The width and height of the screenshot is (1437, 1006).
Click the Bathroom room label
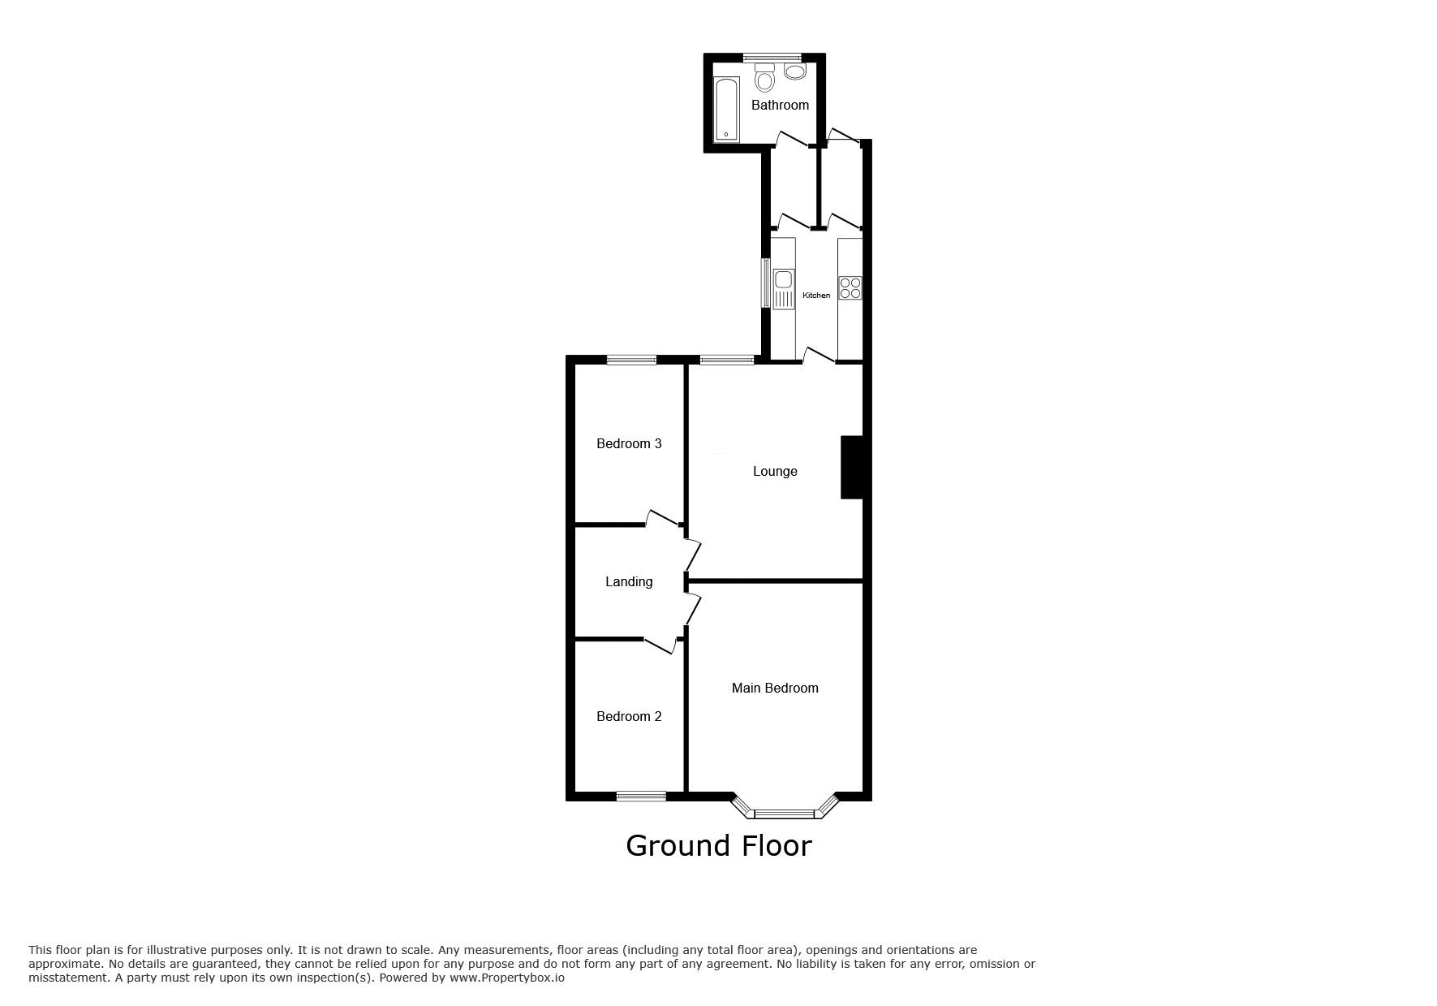[780, 105]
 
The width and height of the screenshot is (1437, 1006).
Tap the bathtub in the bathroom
[726, 110]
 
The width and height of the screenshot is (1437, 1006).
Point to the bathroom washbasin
[795, 71]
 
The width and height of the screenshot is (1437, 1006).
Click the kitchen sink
[784, 289]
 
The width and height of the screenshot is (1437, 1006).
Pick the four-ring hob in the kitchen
[850, 288]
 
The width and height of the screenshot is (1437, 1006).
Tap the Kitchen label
[816, 296]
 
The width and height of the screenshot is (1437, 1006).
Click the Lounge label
[775, 471]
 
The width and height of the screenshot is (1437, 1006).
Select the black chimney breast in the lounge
[851, 468]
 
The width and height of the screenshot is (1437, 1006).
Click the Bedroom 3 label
[629, 443]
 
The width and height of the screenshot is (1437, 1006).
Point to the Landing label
[629, 582]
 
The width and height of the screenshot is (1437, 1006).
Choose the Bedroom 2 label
[629, 716]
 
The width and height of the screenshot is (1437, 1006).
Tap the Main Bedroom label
[775, 688]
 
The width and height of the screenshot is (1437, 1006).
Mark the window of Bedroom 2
[641, 797]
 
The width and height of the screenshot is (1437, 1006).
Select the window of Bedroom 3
[632, 360]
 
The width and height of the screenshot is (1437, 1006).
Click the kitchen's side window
[765, 283]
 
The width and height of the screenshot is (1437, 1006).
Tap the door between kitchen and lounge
[820, 355]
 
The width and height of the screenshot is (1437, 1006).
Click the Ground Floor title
[719, 846]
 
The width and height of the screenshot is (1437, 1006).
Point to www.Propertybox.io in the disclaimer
[507, 978]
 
